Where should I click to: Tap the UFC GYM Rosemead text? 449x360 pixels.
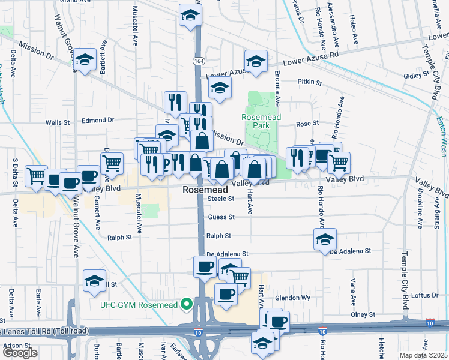(139, 305)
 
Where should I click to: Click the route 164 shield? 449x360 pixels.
(197, 61)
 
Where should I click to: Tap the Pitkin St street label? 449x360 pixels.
(310, 82)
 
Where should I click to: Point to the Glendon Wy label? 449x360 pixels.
(292, 298)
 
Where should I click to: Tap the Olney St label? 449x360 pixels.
(363, 314)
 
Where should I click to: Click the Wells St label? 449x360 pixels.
(58, 122)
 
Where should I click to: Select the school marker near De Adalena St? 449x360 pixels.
(325, 239)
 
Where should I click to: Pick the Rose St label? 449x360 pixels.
(307, 124)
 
